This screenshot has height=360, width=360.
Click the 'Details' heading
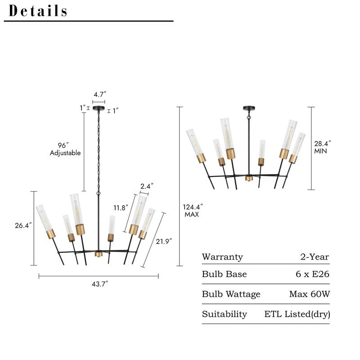pyautogui.click(x=38, y=11)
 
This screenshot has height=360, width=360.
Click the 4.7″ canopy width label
pyautogui.click(x=99, y=94)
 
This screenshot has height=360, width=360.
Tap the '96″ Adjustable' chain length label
pyautogui.click(x=65, y=149)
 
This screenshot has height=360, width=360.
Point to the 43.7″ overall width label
pyautogui.click(x=99, y=283)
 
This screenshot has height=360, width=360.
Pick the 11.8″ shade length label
pyautogui.click(x=121, y=207)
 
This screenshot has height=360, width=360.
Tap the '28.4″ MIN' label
pyautogui.click(x=322, y=147)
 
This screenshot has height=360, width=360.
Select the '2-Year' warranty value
pyautogui.click(x=315, y=257)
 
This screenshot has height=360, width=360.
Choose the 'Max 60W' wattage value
pyautogui.click(x=309, y=294)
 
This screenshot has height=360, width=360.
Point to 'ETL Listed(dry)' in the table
pyautogui.click(x=297, y=314)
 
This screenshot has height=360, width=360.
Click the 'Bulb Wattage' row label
pyautogui.click(x=231, y=294)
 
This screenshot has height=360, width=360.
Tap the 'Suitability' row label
pyautogui.click(x=224, y=314)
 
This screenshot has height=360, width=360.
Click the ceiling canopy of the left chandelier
pyautogui.click(x=99, y=109)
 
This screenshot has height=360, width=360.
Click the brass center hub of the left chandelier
pyautogui.click(x=99, y=254)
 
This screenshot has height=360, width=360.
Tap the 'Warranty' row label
pyautogui.click(x=222, y=257)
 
